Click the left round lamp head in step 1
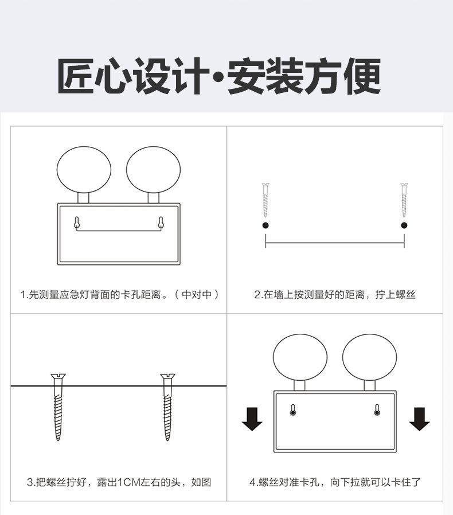(x=84, y=170)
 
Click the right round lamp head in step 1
(x=154, y=170)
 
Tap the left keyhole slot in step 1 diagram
(x=76, y=223)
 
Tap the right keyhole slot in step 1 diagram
(x=161, y=223)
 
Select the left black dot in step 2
(x=265, y=225)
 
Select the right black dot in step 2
(x=404, y=225)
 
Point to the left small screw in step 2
(x=265, y=200)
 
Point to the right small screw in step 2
(x=404, y=200)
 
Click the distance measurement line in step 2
(x=335, y=243)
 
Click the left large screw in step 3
(x=58, y=407)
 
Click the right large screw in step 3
(x=167, y=407)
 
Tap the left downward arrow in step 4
(x=252, y=419)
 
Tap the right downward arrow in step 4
(x=420, y=419)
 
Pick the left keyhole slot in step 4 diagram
(x=293, y=410)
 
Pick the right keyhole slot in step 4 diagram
(x=377, y=410)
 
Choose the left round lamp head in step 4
(x=300, y=358)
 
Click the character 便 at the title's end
(x=362, y=76)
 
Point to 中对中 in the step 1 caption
(x=197, y=294)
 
